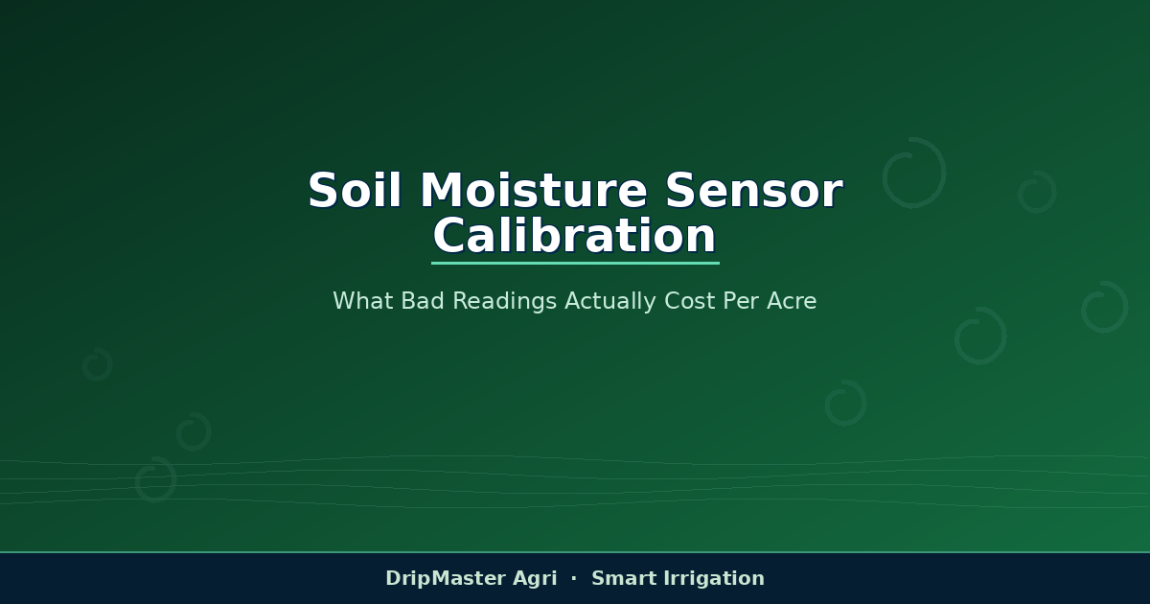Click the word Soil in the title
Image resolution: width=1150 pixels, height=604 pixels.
click(355, 190)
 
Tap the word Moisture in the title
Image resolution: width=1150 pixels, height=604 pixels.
click(534, 190)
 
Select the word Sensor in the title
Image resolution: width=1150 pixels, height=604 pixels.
click(754, 190)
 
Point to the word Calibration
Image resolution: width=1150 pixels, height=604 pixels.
click(574, 235)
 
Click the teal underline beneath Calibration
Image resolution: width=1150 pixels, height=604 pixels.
click(575, 263)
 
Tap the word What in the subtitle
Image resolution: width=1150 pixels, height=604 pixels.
click(363, 301)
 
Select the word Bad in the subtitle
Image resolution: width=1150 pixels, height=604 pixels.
click(423, 301)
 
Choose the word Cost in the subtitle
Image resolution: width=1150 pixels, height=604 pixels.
click(689, 301)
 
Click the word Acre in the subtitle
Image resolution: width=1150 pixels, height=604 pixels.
click(792, 301)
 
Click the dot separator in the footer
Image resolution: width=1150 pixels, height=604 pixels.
click(574, 578)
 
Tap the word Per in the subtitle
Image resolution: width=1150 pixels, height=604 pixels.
click(741, 301)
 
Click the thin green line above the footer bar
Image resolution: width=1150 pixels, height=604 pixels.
click(575, 552)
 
